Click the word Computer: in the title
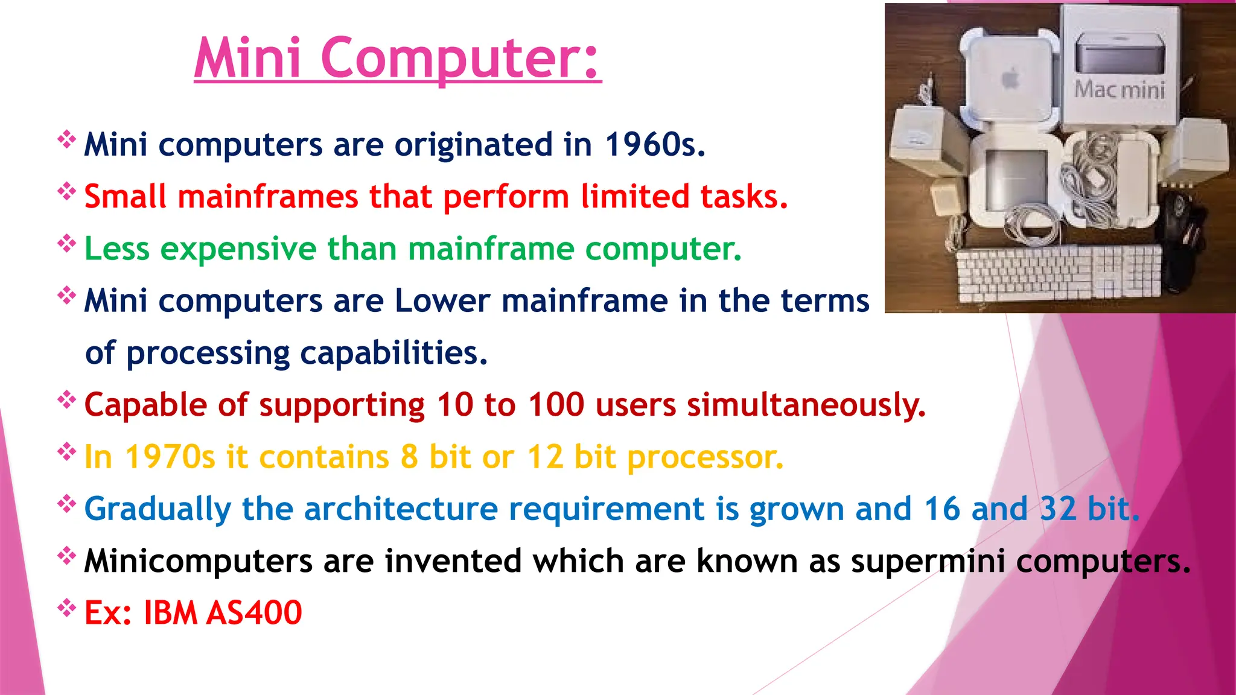pyautogui.click(x=462, y=59)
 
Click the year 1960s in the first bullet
pyautogui.click(x=654, y=145)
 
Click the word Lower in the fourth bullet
pyautogui.click(x=442, y=300)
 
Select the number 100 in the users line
pyautogui.click(x=556, y=405)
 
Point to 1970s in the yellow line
pyautogui.click(x=170, y=457)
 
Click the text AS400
pyautogui.click(x=253, y=613)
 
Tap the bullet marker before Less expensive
pyautogui.click(x=66, y=243)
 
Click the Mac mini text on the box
pyautogui.click(x=1119, y=90)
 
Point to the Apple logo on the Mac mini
pyautogui.click(x=1011, y=78)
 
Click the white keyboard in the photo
pyautogui.click(x=1059, y=272)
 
